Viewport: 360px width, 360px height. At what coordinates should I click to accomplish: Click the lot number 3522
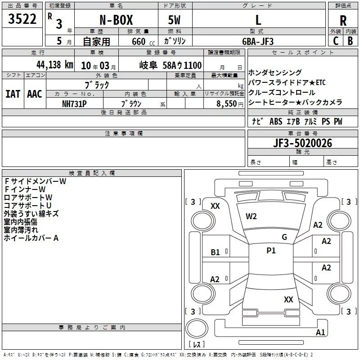pyautogui.click(x=22, y=18)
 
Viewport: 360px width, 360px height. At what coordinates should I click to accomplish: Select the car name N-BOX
pyautogui.click(x=116, y=20)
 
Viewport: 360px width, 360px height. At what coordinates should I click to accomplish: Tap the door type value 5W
pyautogui.click(x=174, y=20)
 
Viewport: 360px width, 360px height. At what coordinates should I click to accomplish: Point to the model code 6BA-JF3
pyautogui.click(x=258, y=41)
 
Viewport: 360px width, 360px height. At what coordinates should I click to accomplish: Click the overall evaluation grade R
pyautogui.click(x=343, y=21)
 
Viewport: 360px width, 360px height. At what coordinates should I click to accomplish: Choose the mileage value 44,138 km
pyautogui.click(x=55, y=65)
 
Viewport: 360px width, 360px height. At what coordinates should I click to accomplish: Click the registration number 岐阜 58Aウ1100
pyautogui.click(x=171, y=65)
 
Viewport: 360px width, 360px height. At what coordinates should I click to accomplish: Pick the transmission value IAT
pyautogui.click(x=13, y=94)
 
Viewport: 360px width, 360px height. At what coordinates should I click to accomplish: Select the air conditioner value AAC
pyautogui.click(x=35, y=94)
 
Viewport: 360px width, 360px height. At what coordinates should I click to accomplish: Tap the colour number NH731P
pyautogui.click(x=74, y=104)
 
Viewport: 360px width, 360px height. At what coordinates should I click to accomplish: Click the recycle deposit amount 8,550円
pyautogui.click(x=230, y=104)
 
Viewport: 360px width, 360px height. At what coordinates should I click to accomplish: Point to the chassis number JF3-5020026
pyautogui.click(x=302, y=143)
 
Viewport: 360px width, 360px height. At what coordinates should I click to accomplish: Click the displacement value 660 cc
pyautogui.click(x=143, y=42)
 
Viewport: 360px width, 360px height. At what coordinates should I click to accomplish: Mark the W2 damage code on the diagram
pyautogui.click(x=251, y=216)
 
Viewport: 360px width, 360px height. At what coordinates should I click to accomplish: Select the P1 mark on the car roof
pyautogui.click(x=271, y=251)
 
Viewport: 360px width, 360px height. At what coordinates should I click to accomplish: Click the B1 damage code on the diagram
pyautogui.click(x=215, y=252)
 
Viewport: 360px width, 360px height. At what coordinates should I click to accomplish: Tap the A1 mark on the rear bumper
pyautogui.click(x=320, y=332)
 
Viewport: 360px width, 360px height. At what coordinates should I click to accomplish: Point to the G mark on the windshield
pyautogui.click(x=284, y=237)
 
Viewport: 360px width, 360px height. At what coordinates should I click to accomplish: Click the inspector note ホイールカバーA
pyautogui.click(x=31, y=238)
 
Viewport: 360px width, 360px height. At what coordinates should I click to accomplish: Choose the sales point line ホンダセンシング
pyautogui.click(x=275, y=72)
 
